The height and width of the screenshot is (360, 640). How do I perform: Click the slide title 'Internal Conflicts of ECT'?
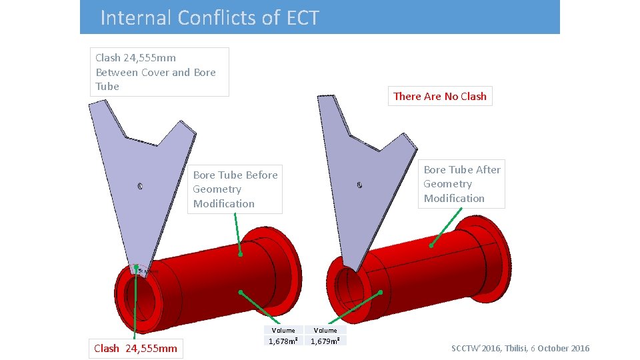pos(209,17)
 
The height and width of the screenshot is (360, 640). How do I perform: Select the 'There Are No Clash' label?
pos(440,96)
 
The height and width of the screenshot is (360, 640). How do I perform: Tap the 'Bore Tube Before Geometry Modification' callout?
pos(235,189)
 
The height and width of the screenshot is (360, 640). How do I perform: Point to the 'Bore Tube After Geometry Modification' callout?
pos(461,184)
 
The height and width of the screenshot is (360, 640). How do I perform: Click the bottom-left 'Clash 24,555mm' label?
pos(136,348)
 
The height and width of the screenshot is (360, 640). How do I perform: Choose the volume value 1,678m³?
pos(283,341)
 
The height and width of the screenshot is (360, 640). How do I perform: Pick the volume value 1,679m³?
pos(325,341)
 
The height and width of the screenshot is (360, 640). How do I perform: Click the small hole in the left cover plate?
pos(140,186)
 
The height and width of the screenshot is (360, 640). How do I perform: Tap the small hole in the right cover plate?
pos(359,185)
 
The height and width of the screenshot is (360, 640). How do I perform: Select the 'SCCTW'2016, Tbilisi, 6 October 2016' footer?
pos(520,348)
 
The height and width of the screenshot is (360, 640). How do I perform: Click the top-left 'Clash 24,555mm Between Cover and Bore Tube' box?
pos(159,72)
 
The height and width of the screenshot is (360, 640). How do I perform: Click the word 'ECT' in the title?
pos(303,17)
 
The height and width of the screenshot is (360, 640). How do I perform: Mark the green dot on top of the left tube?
pos(241,254)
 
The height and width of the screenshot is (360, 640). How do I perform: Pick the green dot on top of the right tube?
pos(431,246)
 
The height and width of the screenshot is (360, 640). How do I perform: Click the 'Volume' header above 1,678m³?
pos(283,330)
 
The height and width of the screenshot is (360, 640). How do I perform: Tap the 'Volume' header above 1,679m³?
pos(325,330)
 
